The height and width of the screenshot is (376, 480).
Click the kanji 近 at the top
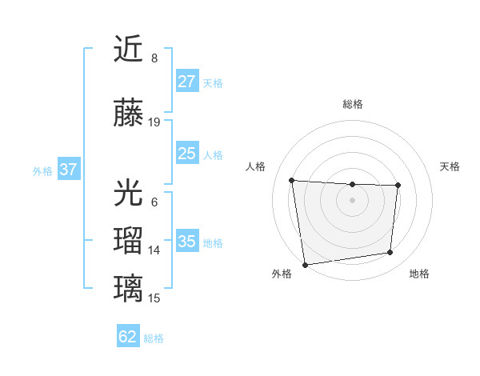[x=129, y=50]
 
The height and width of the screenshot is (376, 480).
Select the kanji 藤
[x=129, y=113]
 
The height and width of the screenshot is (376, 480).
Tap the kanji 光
[x=129, y=194]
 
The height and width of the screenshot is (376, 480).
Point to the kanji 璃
[x=129, y=287]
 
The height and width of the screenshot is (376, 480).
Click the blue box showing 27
[x=187, y=82]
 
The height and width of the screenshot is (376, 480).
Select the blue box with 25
[x=187, y=154]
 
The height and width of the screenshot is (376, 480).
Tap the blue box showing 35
[x=187, y=242]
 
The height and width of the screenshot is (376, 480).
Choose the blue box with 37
[x=69, y=170]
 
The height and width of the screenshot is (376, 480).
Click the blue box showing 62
[x=128, y=338]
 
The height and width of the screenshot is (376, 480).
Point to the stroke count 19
[x=154, y=122]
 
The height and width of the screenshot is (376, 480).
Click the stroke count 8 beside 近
[x=154, y=58]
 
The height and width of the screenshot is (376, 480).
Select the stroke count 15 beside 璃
[x=154, y=298]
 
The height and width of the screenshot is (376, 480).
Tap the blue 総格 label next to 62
[x=154, y=338]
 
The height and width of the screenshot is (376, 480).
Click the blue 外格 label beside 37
[x=42, y=170]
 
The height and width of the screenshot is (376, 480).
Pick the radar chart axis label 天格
[x=450, y=166]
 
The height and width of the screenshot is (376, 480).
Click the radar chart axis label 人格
[x=255, y=166]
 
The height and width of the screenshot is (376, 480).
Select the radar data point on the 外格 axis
[x=305, y=264]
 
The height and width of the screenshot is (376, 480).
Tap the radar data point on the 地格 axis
[x=390, y=253]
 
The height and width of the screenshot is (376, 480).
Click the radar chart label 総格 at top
[x=352, y=104]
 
